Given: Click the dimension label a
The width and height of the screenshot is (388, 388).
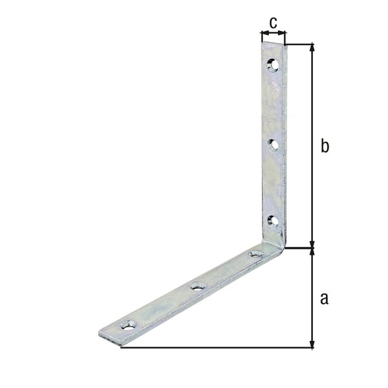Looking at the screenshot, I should coord(325,298).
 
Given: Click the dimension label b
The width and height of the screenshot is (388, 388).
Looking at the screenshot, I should coord(325,147).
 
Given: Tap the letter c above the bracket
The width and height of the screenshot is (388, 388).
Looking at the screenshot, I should coord(273,23).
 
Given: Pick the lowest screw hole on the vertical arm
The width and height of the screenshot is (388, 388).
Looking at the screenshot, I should coord(274,221).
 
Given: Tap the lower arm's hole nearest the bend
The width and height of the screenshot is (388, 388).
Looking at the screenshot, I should coord(256,254).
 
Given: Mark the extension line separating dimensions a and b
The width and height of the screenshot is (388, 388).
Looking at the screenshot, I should coord(300,246).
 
